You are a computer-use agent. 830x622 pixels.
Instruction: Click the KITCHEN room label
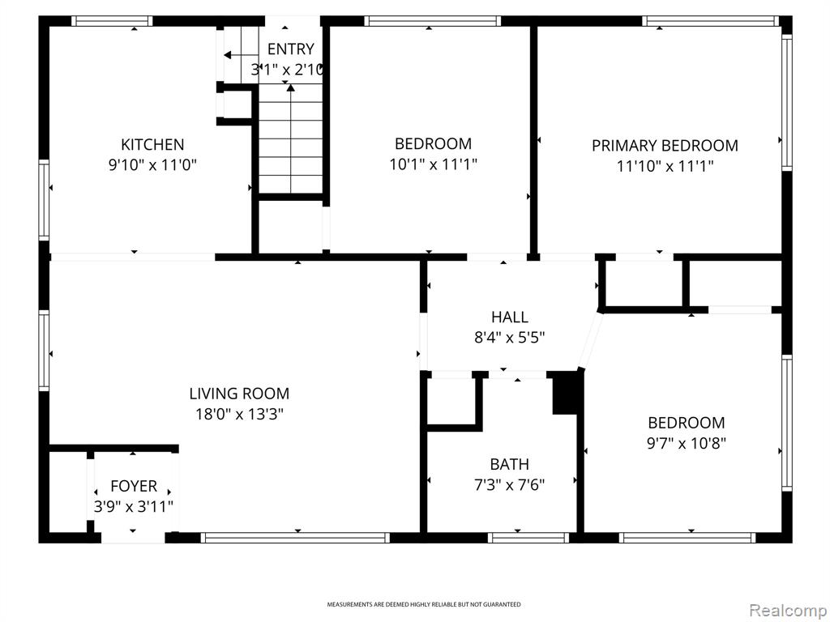click(x=152, y=144)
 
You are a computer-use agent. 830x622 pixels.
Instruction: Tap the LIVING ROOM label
click(x=239, y=394)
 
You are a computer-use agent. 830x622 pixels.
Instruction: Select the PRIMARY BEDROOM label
click(x=665, y=146)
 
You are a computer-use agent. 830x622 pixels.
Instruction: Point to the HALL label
click(x=510, y=317)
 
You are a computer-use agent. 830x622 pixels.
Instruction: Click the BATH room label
click(x=509, y=464)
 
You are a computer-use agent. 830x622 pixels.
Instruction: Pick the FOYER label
click(x=134, y=486)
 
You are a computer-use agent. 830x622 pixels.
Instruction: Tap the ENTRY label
click(x=291, y=49)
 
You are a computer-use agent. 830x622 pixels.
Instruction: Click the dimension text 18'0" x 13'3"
click(x=240, y=414)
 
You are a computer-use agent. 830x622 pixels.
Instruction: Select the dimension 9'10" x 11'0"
click(x=152, y=165)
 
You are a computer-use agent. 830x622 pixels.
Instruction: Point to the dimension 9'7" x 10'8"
click(x=687, y=443)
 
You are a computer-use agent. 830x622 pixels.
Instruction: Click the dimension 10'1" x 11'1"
click(x=434, y=164)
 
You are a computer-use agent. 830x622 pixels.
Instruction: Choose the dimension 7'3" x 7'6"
click(x=509, y=484)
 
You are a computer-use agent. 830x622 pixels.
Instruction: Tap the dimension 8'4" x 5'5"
click(x=509, y=337)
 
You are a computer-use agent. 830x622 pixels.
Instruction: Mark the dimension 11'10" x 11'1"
click(x=665, y=166)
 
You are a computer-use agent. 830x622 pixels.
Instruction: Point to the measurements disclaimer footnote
click(x=423, y=604)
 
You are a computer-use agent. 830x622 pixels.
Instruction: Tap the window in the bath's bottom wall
click(x=528, y=538)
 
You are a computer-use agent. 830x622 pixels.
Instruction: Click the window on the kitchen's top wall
click(x=112, y=21)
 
